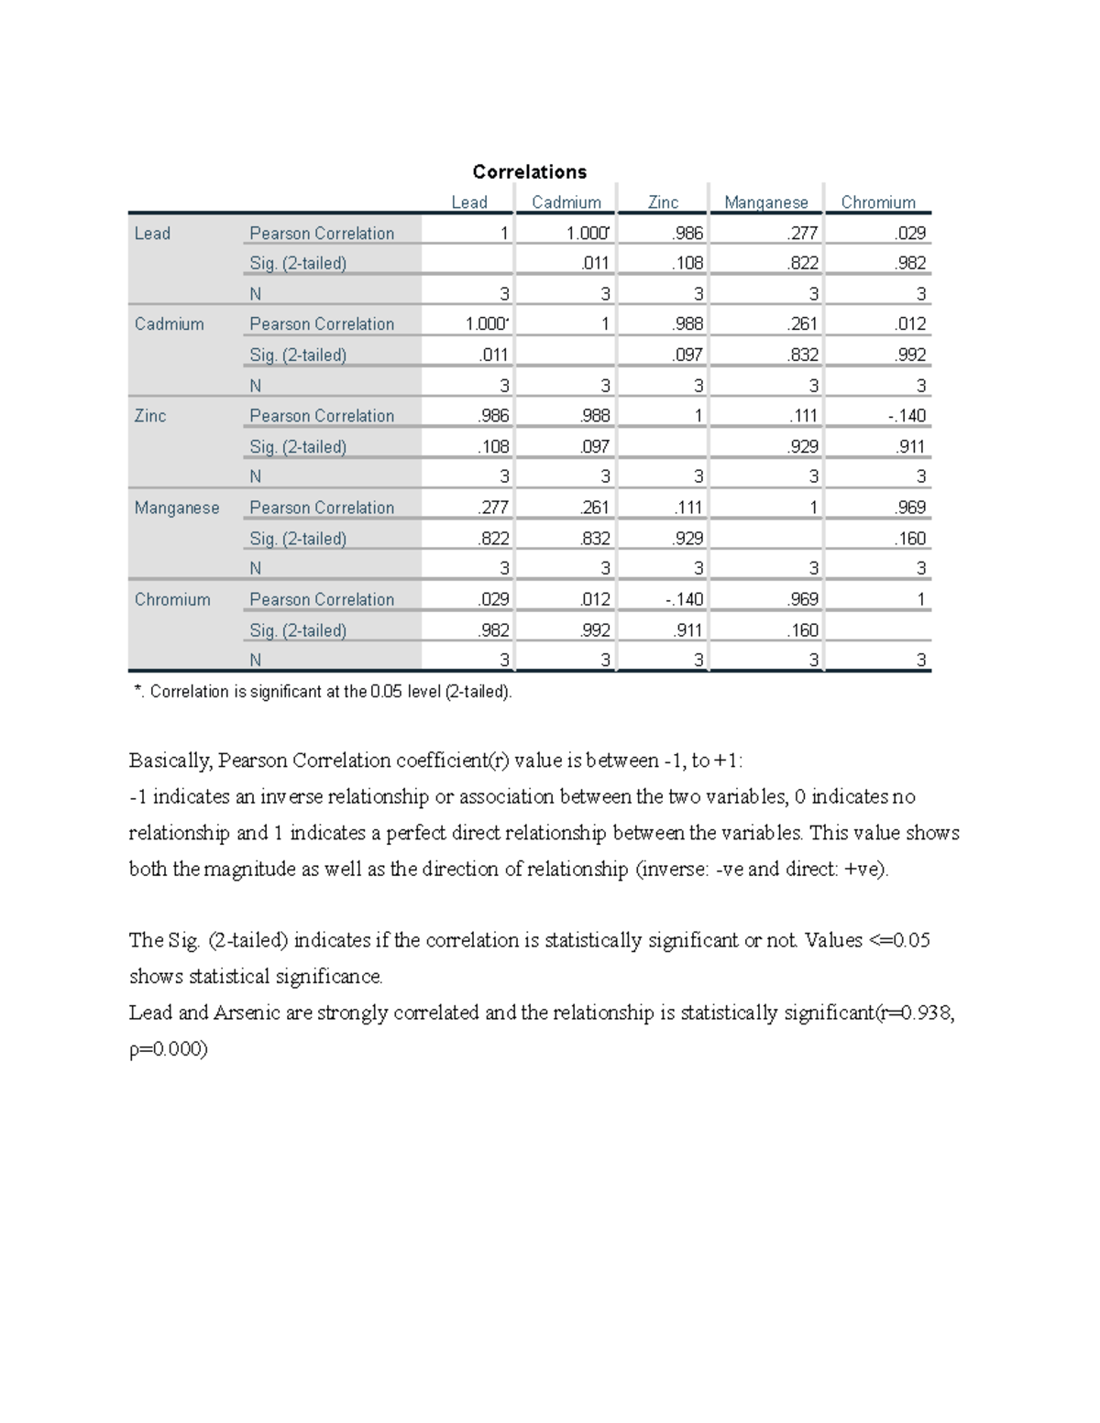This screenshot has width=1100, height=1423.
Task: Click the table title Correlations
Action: coord(529,171)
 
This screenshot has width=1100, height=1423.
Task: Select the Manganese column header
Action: coord(765,203)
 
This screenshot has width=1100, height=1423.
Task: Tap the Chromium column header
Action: coord(877,203)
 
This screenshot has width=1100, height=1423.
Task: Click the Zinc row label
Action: coord(150,416)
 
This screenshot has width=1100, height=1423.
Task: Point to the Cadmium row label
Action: coord(169,324)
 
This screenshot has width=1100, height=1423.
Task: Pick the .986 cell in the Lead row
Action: coord(687,233)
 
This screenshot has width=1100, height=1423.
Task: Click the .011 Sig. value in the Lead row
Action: coord(595,264)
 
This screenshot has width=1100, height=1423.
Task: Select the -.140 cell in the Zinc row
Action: coord(907,416)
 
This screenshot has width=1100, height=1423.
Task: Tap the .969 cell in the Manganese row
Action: coord(910,508)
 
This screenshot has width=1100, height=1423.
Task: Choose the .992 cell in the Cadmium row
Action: coord(910,356)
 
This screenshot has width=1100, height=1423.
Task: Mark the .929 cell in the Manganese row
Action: coord(687,539)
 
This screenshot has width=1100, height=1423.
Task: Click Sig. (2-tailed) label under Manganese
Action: coord(298,539)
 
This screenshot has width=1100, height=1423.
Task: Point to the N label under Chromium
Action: coord(256,661)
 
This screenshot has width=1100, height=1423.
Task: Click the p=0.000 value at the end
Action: coord(169,1049)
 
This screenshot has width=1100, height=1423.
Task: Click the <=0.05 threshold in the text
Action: coord(898,940)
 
